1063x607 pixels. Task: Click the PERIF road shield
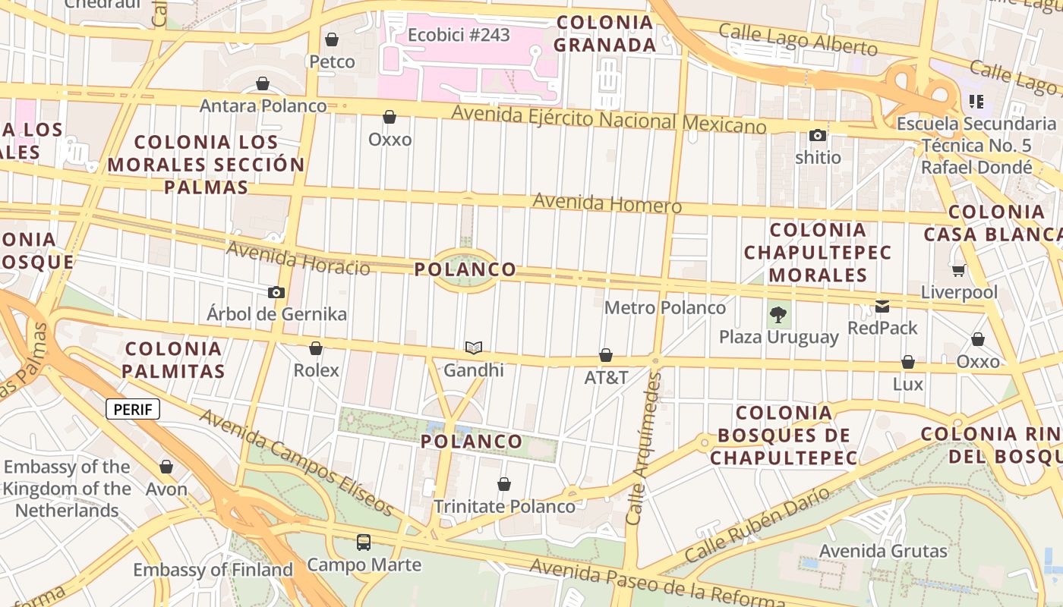(133, 410)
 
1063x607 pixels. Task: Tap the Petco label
(332, 61)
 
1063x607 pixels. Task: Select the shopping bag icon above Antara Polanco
(263, 83)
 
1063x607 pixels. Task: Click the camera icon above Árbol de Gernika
(276, 292)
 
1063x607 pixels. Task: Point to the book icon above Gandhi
(474, 348)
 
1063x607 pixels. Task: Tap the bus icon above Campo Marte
(364, 543)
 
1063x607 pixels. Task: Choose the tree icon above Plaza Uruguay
(778, 314)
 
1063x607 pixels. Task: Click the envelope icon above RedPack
(882, 307)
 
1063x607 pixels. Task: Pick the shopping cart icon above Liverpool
(959, 270)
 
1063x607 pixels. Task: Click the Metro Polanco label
(665, 307)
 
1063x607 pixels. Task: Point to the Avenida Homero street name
(607, 203)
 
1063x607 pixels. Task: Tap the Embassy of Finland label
(213, 569)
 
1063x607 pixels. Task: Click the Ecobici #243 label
(459, 35)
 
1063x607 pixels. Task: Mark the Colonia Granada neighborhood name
(604, 33)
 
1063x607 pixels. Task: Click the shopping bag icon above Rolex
(316, 348)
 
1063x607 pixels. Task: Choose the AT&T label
(606, 377)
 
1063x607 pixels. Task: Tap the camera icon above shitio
(818, 136)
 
